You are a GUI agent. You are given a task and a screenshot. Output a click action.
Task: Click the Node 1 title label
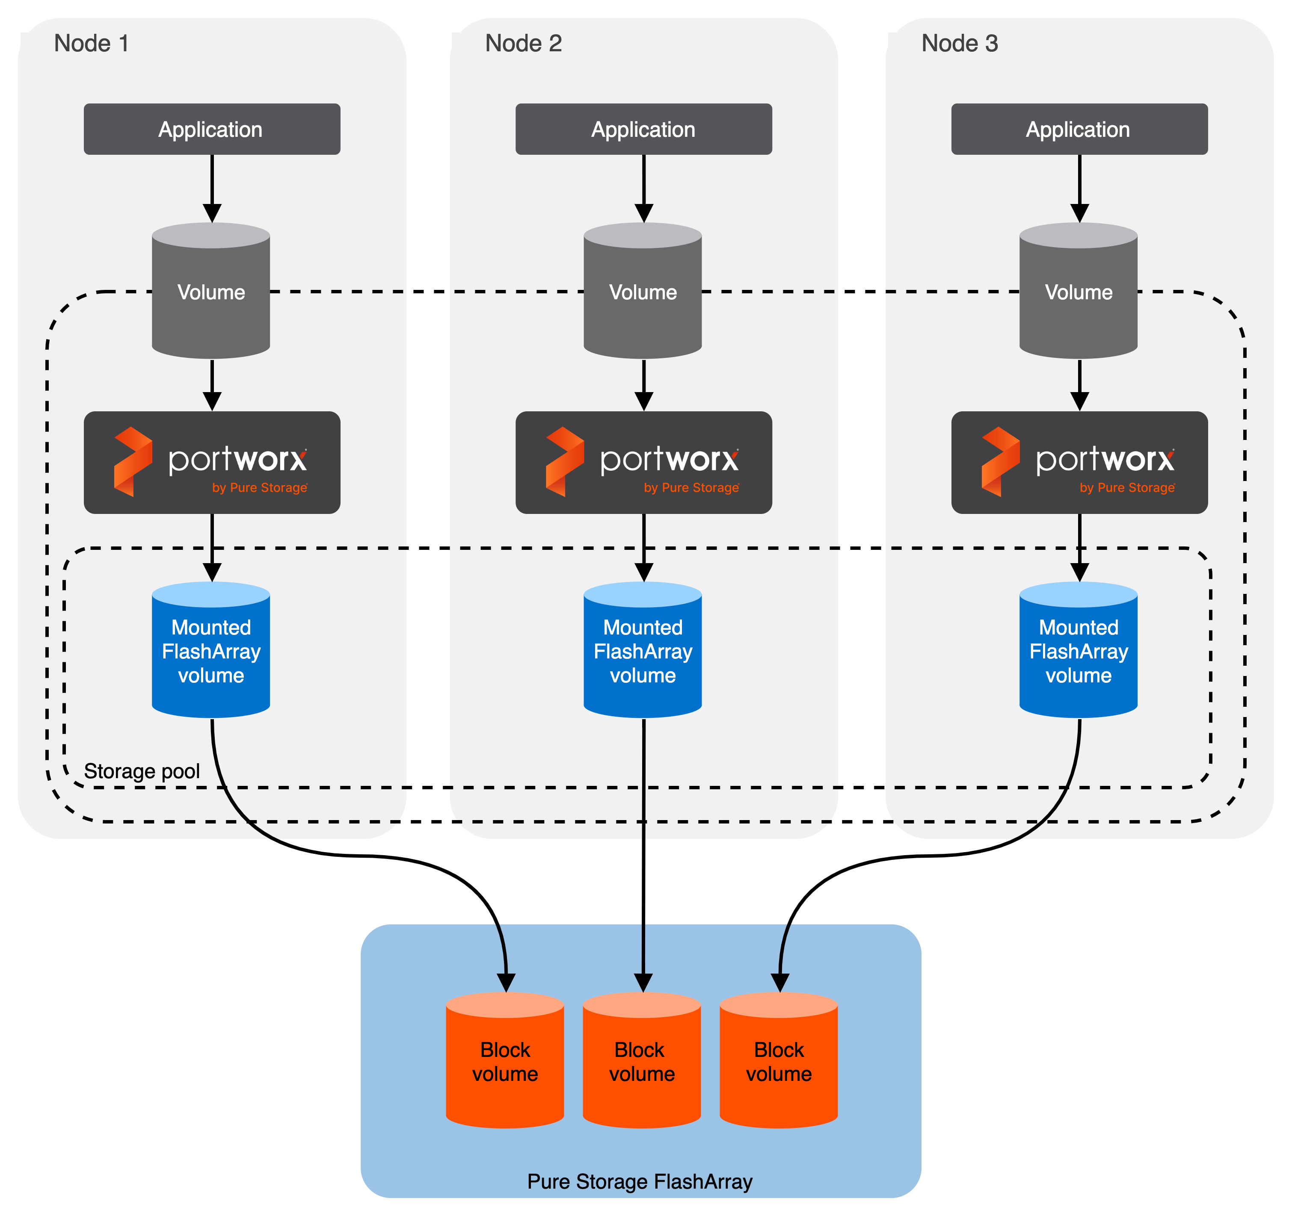(92, 44)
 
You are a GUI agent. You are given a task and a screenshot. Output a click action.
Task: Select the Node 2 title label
(523, 44)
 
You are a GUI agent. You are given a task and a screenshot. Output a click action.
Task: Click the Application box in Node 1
(212, 129)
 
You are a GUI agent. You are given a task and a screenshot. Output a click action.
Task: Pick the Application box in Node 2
(643, 129)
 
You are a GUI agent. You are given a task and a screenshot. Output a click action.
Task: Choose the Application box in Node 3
(1079, 129)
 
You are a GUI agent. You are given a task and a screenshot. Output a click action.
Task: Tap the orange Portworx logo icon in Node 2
(564, 462)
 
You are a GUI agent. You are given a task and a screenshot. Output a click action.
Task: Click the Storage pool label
(142, 771)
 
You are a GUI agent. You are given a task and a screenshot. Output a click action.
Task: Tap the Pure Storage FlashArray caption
(640, 1181)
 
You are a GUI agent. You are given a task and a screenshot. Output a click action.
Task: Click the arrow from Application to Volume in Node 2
(644, 189)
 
